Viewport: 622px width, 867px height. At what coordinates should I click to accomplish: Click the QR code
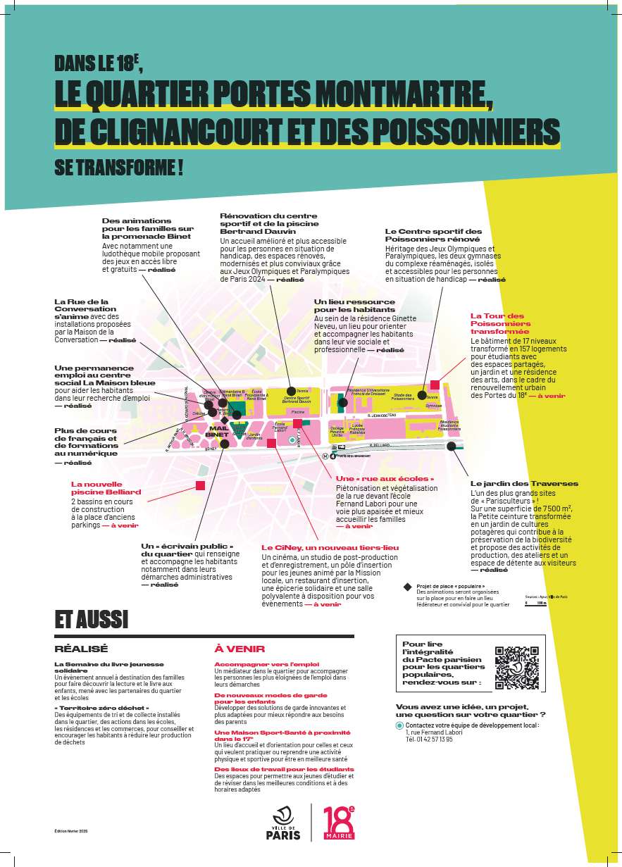[x=517, y=666]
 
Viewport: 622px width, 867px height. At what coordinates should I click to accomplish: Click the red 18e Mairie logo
[x=339, y=822]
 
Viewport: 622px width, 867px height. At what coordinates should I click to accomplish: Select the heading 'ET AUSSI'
[x=92, y=619]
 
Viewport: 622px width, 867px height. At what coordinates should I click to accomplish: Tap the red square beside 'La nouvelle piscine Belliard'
[x=201, y=485]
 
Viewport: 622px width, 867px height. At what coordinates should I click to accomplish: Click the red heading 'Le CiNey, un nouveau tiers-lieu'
[x=330, y=547]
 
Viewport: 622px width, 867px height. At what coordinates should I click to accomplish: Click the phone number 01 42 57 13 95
[x=429, y=740]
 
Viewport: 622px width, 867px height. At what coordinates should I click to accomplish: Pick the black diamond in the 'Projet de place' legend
[x=406, y=586]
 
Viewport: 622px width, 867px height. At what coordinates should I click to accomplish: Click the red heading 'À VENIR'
[x=230, y=649]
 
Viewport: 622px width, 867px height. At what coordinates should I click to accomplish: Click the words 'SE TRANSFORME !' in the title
[x=119, y=168]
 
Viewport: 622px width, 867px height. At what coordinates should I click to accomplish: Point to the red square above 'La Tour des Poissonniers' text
[x=435, y=385]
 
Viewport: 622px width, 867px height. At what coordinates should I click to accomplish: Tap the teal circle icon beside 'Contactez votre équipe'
[x=399, y=725]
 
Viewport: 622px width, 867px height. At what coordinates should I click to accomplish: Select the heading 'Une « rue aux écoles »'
[x=385, y=478]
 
